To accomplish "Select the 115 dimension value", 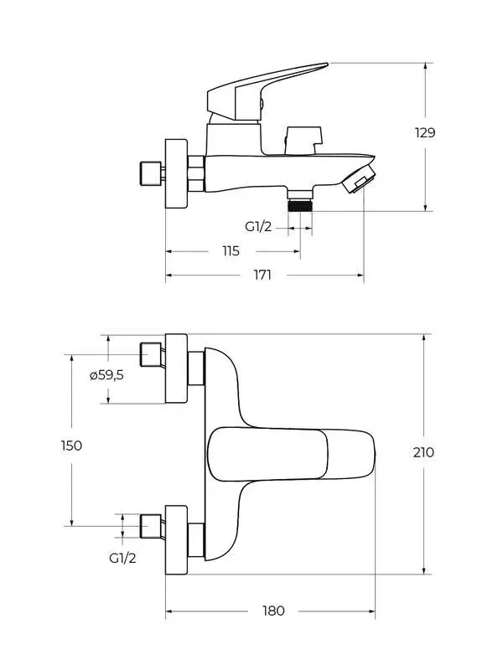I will pyautogui.click(x=231, y=250).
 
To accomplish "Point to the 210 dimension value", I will pyautogui.click(x=423, y=452).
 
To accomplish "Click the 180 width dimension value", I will pyautogui.click(x=273, y=611).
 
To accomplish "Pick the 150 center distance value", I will pyautogui.click(x=72, y=445).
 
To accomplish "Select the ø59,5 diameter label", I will pyautogui.click(x=107, y=375).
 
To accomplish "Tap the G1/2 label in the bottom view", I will pyautogui.click(x=122, y=557).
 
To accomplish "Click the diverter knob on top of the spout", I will pyautogui.click(x=303, y=137).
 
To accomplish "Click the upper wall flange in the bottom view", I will pyautogui.click(x=176, y=368).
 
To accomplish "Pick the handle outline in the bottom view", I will pyautogui.click(x=289, y=454).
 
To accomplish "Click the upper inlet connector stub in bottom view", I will pyautogui.click(x=151, y=354).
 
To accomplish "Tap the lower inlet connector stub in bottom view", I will pyautogui.click(x=151, y=525).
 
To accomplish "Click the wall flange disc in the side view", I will pyautogui.click(x=177, y=172).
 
